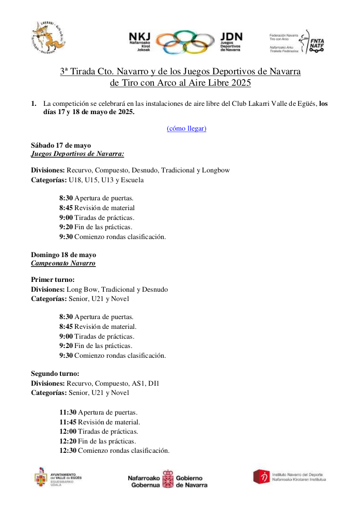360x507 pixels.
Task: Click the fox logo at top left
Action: pos(50,37)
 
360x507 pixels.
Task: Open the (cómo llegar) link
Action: pos(186,128)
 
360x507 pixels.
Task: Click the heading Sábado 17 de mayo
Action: pos(61,146)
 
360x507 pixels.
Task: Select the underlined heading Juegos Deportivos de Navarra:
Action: pos(77,154)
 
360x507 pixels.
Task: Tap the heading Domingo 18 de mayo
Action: pos(63,255)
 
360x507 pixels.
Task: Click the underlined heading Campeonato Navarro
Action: pos(63,263)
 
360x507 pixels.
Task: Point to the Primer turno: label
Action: pos(53,280)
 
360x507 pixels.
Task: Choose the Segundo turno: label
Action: pos(55,373)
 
